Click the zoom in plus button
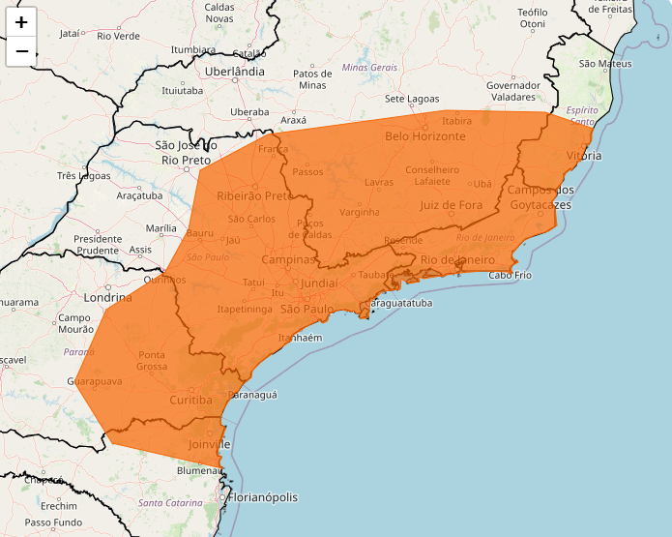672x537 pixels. [x=21, y=21]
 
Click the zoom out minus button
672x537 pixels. [x=21, y=50]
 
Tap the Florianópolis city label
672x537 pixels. [x=263, y=497]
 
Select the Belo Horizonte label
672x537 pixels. [x=424, y=136]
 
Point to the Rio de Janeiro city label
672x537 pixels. [x=457, y=260]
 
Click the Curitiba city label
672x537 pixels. [x=190, y=400]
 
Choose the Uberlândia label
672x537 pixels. [x=234, y=72]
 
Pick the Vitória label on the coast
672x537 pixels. [x=584, y=156]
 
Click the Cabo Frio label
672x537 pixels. [x=511, y=276]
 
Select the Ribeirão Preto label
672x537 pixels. [x=254, y=195]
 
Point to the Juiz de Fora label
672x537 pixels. [x=451, y=205]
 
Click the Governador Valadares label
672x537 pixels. [x=512, y=91]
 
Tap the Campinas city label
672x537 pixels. [x=288, y=260]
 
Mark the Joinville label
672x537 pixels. [x=211, y=444]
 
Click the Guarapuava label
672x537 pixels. [x=94, y=382]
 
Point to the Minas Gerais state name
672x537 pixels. [x=369, y=68]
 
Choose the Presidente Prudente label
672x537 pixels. [x=98, y=244]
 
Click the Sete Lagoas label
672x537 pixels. [x=412, y=99]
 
